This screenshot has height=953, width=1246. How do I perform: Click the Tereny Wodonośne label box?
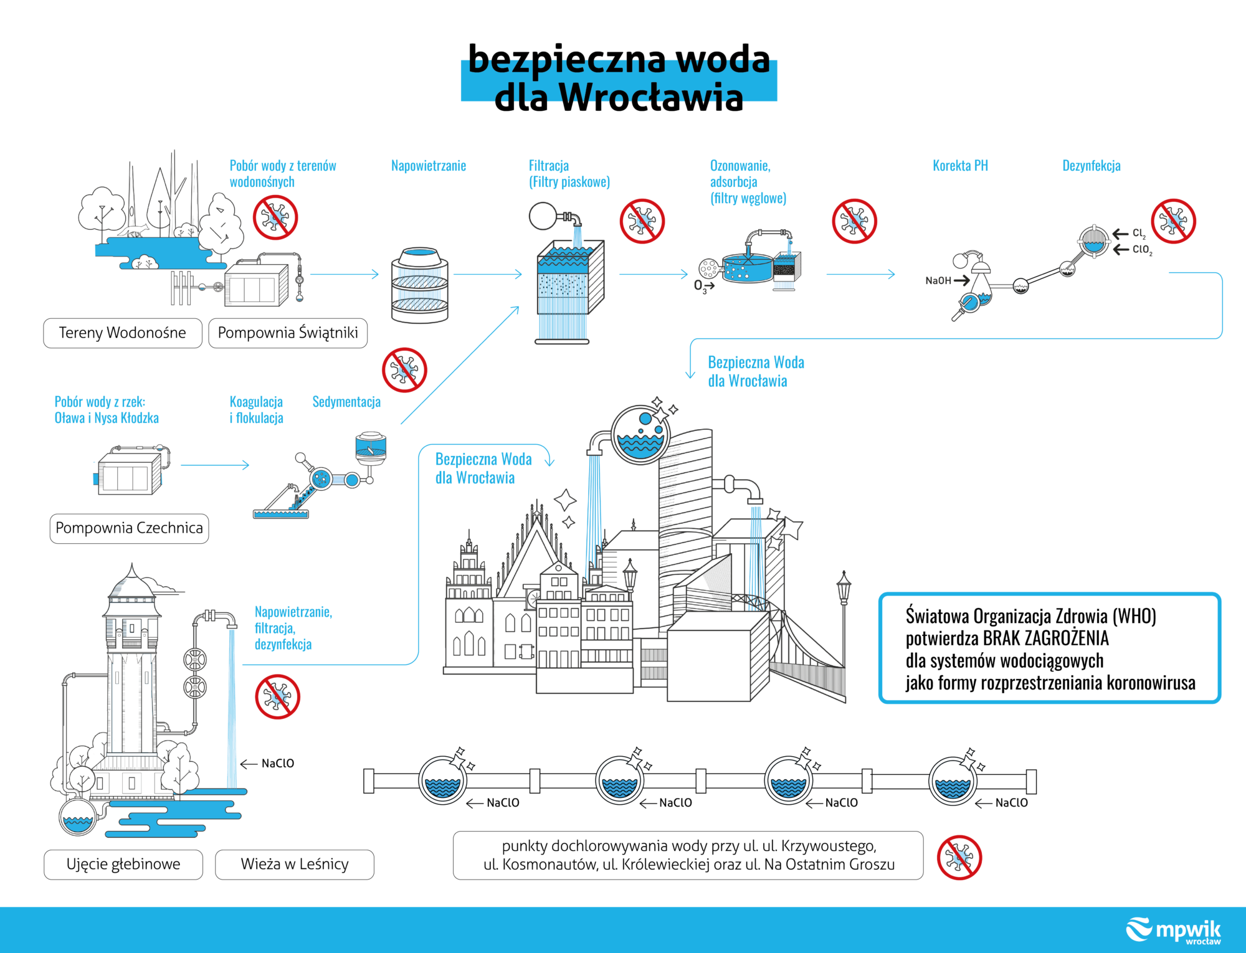(123, 333)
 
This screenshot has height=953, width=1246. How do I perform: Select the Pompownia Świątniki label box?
(288, 333)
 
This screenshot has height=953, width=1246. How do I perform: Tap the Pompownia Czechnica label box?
(129, 528)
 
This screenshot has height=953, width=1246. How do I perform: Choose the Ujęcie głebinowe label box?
(123, 864)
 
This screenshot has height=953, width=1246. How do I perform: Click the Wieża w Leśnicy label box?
(295, 864)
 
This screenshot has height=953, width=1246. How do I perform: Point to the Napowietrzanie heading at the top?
(429, 166)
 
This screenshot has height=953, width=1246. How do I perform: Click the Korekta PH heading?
(960, 166)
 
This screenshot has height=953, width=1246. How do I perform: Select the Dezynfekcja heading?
(1091, 166)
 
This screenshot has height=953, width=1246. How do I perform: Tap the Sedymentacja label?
(346, 402)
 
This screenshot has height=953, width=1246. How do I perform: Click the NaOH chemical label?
(938, 281)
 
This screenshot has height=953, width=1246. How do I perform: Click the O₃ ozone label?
(700, 286)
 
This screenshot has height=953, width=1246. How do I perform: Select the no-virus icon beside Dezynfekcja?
(1173, 221)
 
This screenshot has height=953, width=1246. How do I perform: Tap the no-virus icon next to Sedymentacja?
(404, 370)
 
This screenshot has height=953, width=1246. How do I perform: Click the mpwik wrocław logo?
(1174, 931)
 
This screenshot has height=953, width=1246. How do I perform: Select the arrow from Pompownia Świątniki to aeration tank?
(345, 274)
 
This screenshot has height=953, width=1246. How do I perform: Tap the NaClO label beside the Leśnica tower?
(278, 764)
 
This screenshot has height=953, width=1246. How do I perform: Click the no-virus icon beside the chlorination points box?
(959, 858)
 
